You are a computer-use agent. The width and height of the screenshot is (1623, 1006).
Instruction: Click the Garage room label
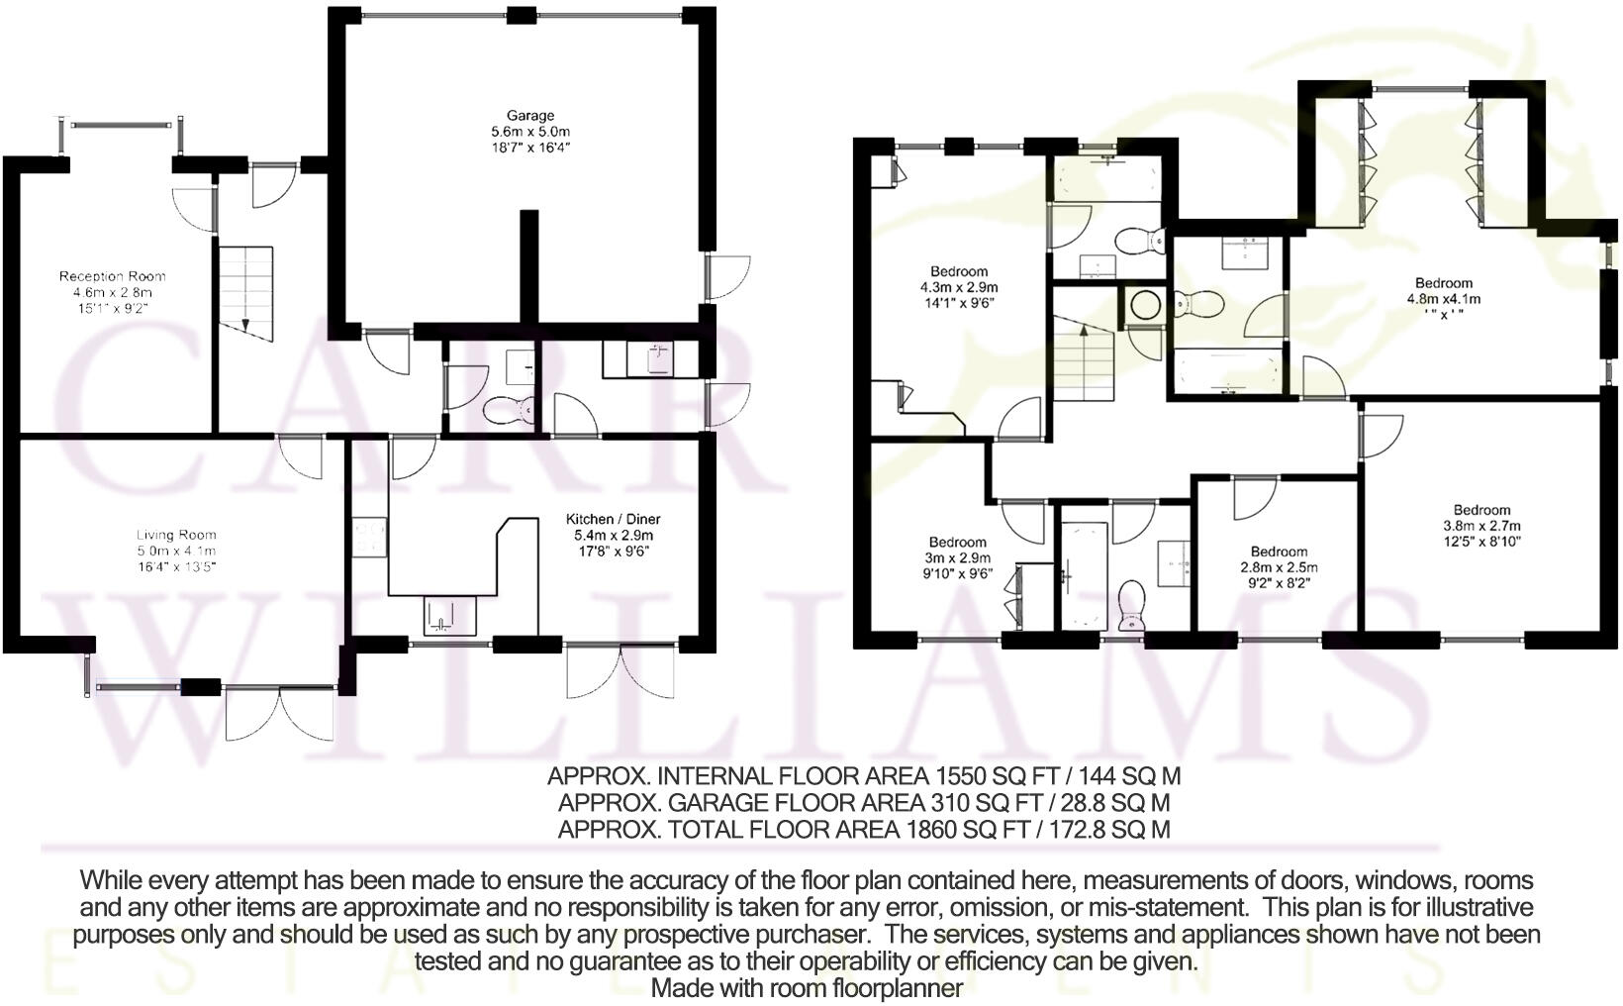coord(530,115)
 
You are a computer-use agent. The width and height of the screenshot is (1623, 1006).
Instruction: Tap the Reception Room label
coord(112,276)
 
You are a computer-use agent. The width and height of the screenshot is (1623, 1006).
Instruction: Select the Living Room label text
coord(176,535)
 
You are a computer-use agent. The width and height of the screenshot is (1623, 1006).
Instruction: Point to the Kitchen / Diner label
coord(613,519)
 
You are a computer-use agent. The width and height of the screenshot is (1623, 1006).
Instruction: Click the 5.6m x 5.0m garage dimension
coord(530,132)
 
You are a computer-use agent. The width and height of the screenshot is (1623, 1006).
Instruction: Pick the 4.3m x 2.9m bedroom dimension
coord(959,288)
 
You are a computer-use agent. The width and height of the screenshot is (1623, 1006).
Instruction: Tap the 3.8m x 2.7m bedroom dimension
coord(1481,526)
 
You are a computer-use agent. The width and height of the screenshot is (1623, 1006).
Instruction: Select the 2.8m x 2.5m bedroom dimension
coord(1279,567)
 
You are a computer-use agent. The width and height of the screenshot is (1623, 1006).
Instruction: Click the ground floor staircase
coord(246,293)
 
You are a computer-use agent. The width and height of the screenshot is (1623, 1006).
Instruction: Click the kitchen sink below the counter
coord(449,616)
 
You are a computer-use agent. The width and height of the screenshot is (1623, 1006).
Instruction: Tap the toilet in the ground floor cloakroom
coord(509,410)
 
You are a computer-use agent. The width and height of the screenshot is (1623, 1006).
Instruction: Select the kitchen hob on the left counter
coord(369,537)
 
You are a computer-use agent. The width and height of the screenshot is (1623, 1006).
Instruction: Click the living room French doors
coord(280,713)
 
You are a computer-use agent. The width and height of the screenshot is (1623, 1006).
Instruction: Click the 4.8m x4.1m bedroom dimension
coord(1444,299)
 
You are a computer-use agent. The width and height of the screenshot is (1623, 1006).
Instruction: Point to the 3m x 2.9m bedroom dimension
coord(957,558)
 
